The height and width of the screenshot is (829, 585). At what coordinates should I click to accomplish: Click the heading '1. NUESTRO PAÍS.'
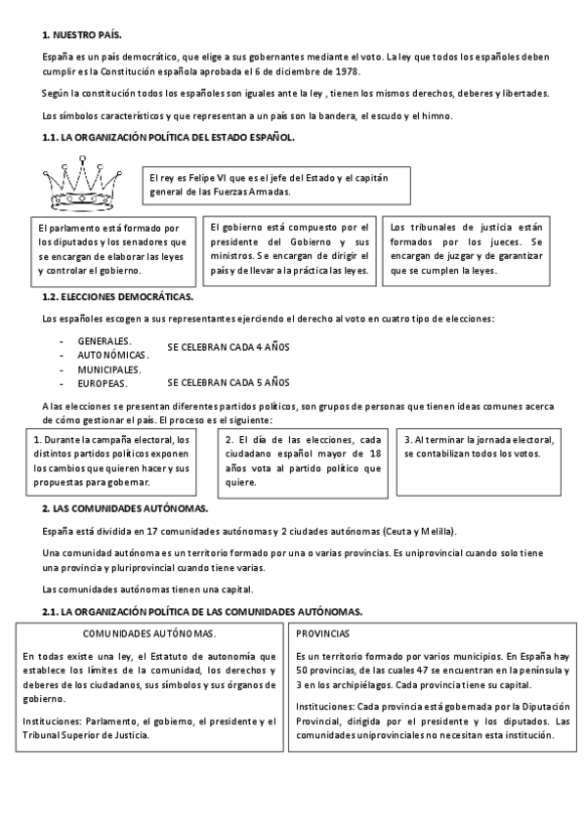pos(81,35)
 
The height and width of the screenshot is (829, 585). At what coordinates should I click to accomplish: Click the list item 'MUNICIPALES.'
pos(109,370)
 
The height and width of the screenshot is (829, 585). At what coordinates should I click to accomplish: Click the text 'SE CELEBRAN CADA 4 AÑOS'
pos(229,347)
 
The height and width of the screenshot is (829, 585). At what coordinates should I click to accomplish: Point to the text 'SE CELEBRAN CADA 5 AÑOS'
pos(229,382)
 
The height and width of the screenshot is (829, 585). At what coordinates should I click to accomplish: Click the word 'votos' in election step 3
pos(524,454)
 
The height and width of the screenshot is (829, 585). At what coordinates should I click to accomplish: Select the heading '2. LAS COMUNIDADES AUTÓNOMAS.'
pos(125,509)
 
